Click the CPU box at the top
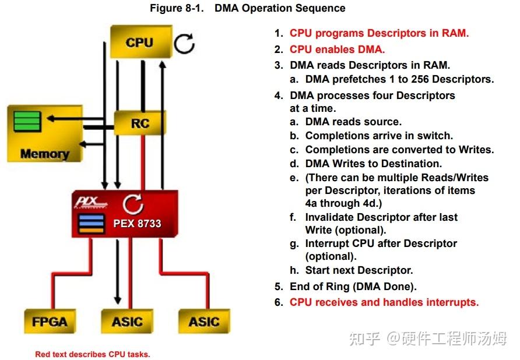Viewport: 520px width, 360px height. [140, 43]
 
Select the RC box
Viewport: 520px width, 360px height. [140, 123]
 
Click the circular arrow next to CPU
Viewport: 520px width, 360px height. [185, 44]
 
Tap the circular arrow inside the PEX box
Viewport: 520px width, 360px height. [133, 203]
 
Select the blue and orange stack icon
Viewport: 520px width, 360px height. [92, 224]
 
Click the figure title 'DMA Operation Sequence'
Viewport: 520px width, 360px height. [280, 8]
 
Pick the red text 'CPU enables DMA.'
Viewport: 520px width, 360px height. [337, 50]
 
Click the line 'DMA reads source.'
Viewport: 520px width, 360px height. [353, 122]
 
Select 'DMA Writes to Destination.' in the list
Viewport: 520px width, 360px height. [373, 164]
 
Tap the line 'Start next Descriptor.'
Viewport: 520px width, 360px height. [359, 270]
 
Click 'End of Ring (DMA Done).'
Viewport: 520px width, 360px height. [353, 287]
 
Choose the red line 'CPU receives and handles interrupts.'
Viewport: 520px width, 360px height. [384, 302]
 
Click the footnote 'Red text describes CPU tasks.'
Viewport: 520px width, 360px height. [92, 354]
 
